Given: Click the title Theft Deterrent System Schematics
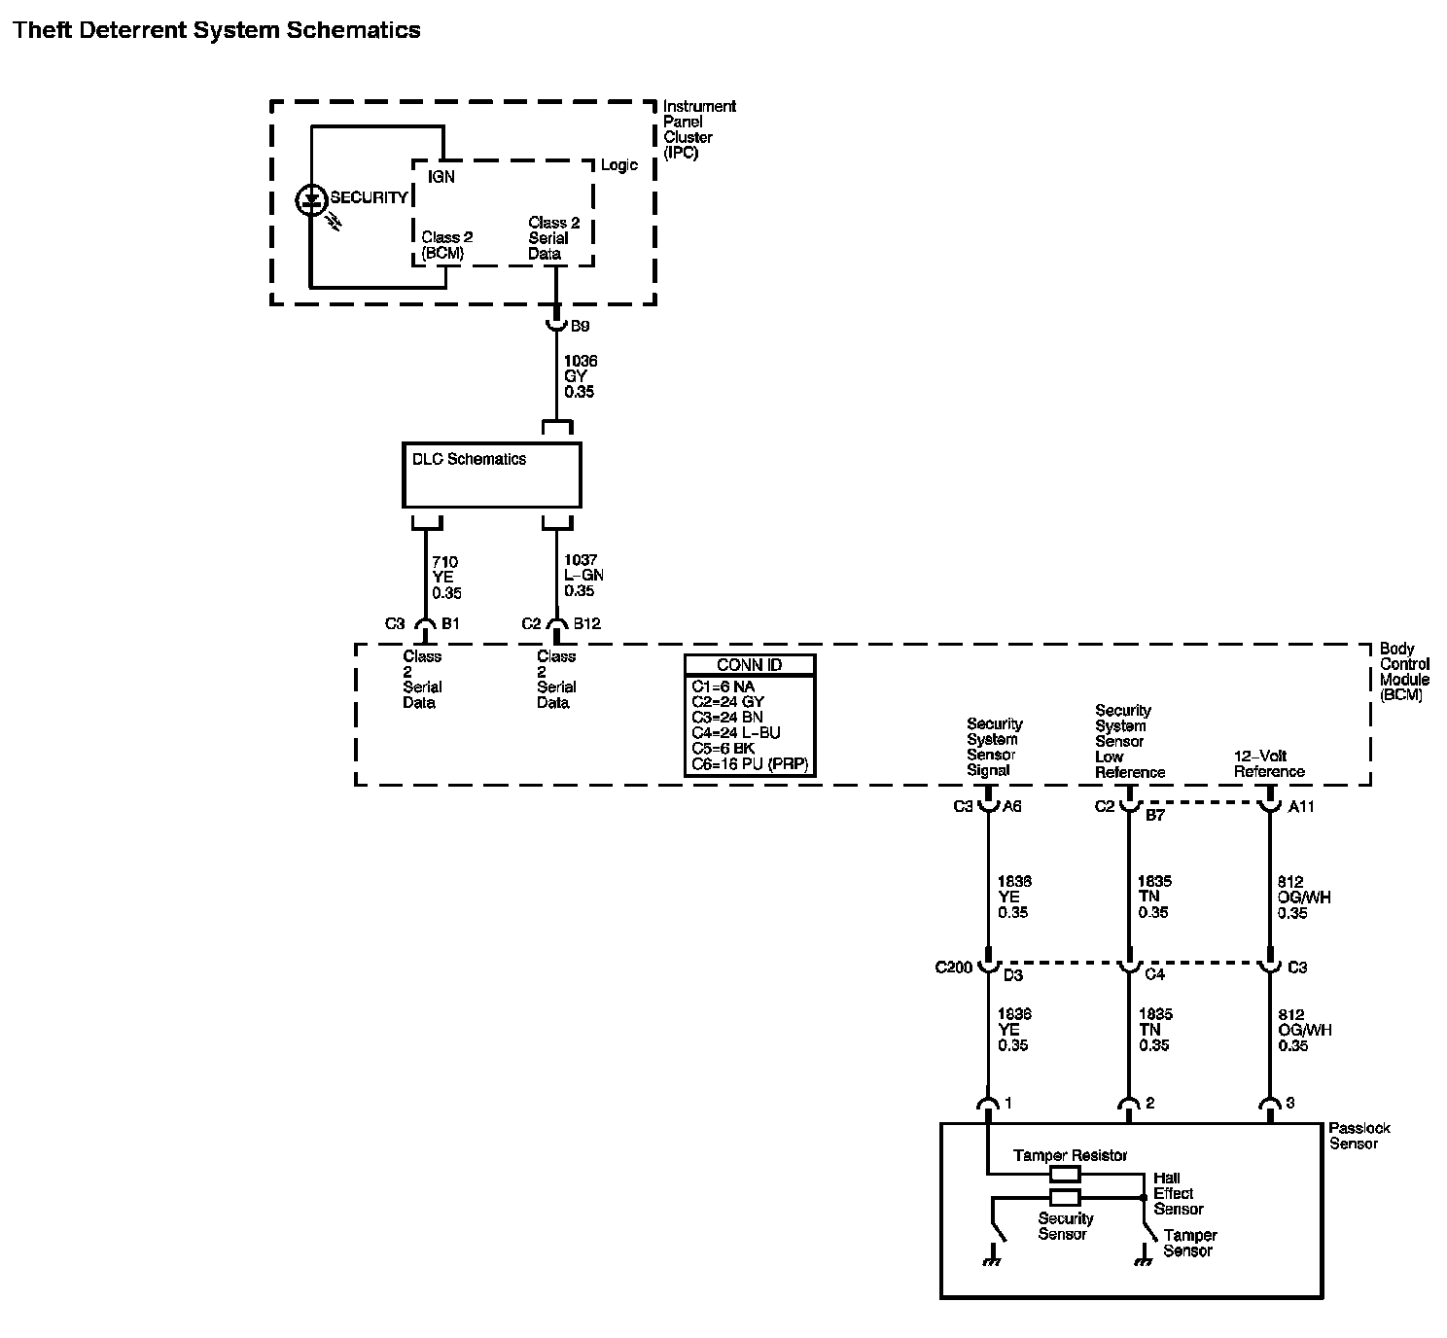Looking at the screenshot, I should pyautogui.click(x=217, y=30).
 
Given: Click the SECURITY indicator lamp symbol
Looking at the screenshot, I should pyautogui.click(x=310, y=201).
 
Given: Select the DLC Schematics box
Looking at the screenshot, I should pyautogui.click(x=491, y=475).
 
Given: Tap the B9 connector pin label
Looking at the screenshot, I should pyautogui.click(x=581, y=327).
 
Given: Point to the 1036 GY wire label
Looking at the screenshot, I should pyautogui.click(x=580, y=376).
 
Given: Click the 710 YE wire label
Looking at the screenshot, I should pyautogui.click(x=446, y=578).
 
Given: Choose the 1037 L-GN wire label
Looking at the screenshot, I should pyautogui.click(x=583, y=576).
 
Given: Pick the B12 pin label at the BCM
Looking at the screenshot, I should pyautogui.click(x=587, y=624).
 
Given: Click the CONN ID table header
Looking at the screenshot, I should pyautogui.click(x=750, y=665).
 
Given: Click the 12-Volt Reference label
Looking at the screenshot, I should pyautogui.click(x=1269, y=763).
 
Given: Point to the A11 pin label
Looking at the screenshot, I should pyautogui.click(x=1301, y=806).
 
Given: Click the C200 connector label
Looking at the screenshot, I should pyautogui.click(x=954, y=968).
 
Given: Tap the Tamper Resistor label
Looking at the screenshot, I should pyautogui.click(x=1070, y=1155).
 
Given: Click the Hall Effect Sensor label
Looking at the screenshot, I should pyautogui.click(x=1178, y=1193).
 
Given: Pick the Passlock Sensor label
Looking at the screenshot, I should pyautogui.click(x=1359, y=1136).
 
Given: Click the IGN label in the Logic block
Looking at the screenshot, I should pyautogui.click(x=441, y=177).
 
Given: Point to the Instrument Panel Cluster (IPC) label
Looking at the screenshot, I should pyautogui.click(x=699, y=129).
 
